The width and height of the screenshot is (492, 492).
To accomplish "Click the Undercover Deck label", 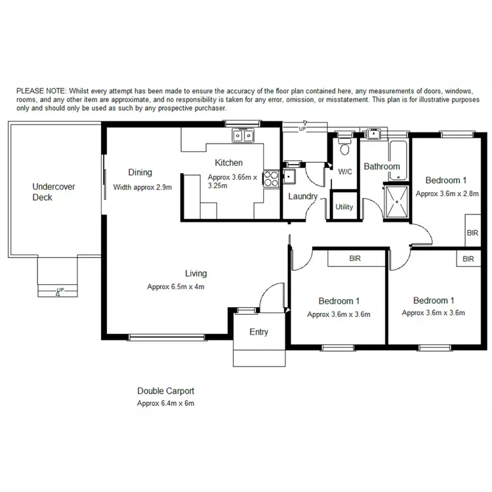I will tap(54, 192).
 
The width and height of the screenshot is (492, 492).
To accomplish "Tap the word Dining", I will tap(140, 173).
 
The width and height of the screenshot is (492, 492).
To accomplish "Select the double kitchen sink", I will tap(243, 136).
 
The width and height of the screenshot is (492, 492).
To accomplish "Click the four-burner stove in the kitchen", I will tap(270, 178).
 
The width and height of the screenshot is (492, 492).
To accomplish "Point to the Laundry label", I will tap(302, 196).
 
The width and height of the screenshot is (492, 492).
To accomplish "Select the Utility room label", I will tap(344, 207).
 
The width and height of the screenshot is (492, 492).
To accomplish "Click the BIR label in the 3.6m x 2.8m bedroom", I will tap(472, 233).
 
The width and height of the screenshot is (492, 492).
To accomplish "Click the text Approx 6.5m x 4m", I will tap(176, 287).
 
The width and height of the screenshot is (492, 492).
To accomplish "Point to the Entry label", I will tap(258, 332).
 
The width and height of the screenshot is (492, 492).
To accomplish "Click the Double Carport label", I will tap(165, 391).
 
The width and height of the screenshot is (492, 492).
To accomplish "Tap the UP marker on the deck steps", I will tap(60, 290).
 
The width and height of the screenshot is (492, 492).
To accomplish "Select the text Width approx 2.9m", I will tap(142, 187).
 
